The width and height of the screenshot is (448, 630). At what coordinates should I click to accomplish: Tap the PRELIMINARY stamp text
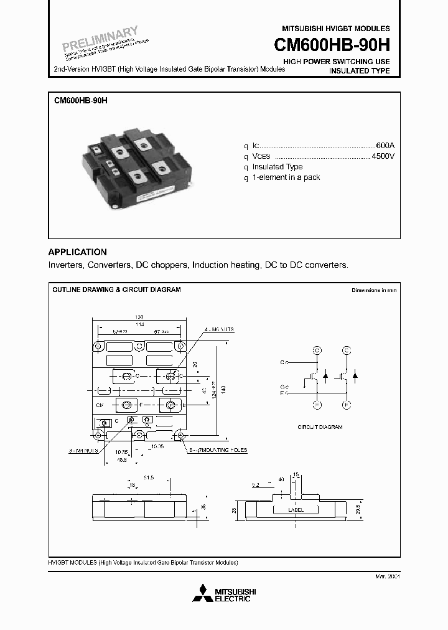click(99, 39)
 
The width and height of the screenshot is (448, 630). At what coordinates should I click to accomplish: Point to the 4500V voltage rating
click(382, 156)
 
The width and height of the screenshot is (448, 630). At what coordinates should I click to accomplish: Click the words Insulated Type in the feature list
click(277, 167)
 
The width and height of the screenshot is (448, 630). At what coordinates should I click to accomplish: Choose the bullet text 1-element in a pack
click(286, 177)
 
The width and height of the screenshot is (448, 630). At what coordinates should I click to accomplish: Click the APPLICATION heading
click(78, 252)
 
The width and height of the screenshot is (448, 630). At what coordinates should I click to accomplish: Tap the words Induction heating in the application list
click(226, 265)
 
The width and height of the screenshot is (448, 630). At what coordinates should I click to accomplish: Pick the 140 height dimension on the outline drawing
click(223, 388)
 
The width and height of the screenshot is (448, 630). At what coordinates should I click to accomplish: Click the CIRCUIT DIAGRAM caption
click(320, 427)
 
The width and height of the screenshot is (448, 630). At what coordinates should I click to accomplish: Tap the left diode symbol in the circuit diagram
click(325, 376)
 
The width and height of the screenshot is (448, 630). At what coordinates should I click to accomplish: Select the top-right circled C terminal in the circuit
click(347, 350)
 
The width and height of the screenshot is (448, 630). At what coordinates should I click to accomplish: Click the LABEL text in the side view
click(296, 509)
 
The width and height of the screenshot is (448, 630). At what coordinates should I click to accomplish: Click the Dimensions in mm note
click(373, 290)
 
